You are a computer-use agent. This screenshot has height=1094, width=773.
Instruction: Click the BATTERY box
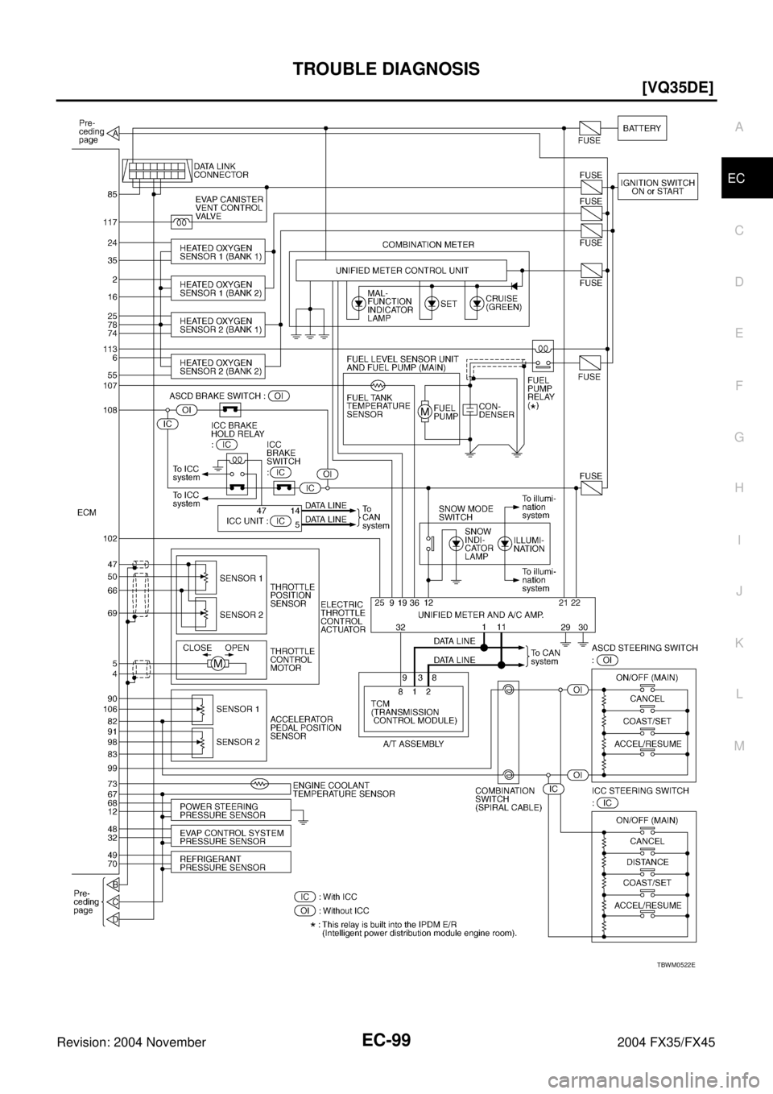645,127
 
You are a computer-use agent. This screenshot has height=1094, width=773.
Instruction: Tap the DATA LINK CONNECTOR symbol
157,172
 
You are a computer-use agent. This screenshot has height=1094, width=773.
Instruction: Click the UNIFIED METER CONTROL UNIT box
401,270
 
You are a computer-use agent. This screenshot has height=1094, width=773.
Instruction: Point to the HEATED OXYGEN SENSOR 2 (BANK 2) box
217,367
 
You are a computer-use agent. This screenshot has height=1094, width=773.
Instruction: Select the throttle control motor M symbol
217,664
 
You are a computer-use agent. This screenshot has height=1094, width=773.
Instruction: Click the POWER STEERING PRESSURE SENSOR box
230,810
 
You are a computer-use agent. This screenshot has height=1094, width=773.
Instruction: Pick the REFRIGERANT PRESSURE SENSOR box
230,863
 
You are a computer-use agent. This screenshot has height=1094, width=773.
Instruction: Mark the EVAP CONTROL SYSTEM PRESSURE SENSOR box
230,837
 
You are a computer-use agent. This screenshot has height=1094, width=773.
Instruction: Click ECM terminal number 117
110,222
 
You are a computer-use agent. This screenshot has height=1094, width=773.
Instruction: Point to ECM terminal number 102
110,538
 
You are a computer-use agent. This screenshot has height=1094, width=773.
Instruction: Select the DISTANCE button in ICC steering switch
647,862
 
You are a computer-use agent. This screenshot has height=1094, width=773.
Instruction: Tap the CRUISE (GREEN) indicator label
502,303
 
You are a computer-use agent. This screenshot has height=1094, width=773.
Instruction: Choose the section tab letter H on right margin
739,488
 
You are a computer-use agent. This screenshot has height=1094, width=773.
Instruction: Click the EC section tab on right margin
738,178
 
